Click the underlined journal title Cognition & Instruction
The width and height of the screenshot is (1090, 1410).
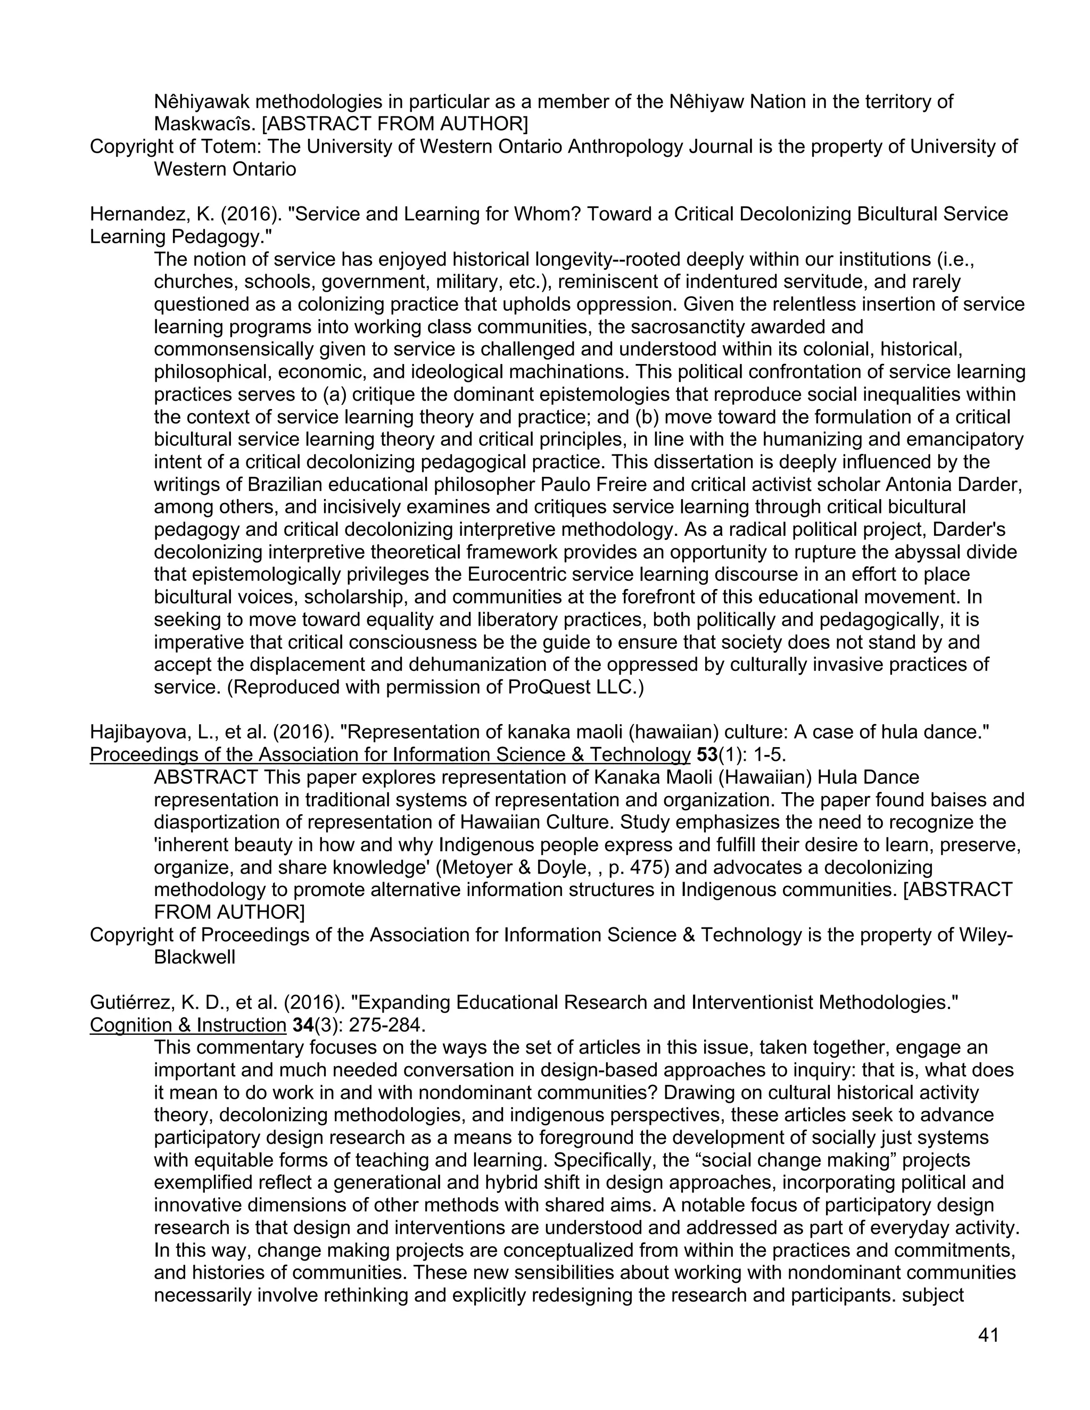(187, 1025)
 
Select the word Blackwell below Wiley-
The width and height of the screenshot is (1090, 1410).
(194, 957)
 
